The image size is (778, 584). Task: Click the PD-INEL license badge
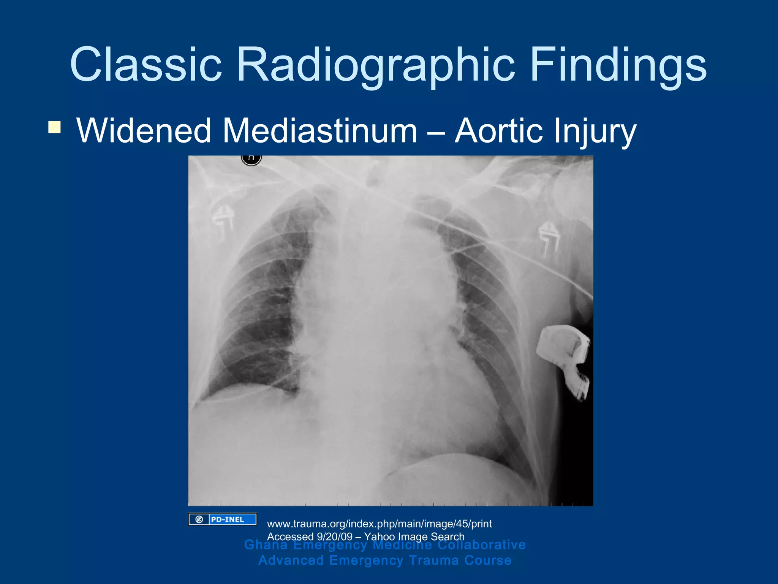pyautogui.click(x=223, y=519)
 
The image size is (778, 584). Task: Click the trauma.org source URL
pyautogui.click(x=379, y=524)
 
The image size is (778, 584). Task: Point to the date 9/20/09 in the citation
pyautogui.click(x=334, y=537)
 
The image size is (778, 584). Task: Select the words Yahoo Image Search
pyautogui.click(x=414, y=537)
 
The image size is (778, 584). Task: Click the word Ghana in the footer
pyautogui.click(x=266, y=545)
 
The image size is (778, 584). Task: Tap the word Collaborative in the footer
pyautogui.click(x=481, y=545)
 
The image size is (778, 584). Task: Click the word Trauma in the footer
pyautogui.click(x=434, y=560)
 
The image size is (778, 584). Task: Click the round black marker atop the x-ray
pyautogui.click(x=251, y=159)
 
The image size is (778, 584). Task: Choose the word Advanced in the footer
pyautogui.click(x=291, y=560)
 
